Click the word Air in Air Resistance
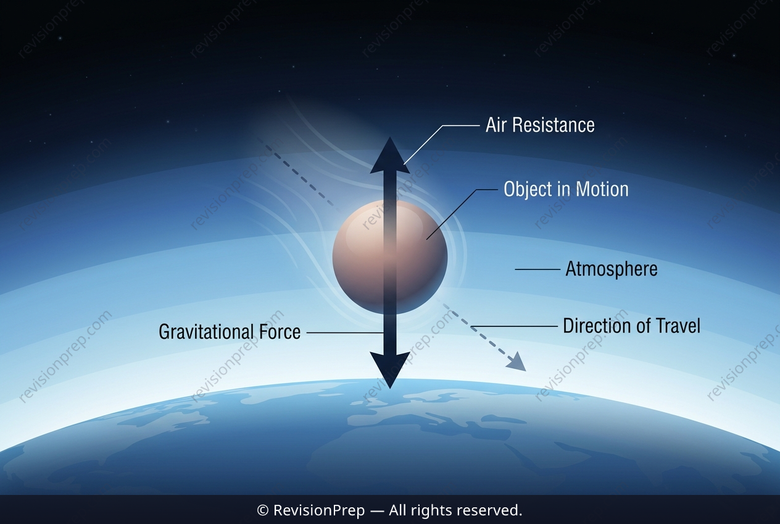pyautogui.click(x=496, y=125)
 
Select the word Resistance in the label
pyautogui.click(x=554, y=125)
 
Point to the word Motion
pyautogui.click(x=602, y=189)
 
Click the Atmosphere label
pyautogui.click(x=612, y=269)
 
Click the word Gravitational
pyautogui.click(x=205, y=332)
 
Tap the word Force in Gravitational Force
pyautogui.click(x=280, y=332)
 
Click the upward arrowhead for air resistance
pyautogui.click(x=390, y=156)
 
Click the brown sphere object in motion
pyautogui.click(x=389, y=257)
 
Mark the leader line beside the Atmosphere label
pyautogui.click(x=537, y=269)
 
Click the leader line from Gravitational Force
pyautogui.click(x=345, y=333)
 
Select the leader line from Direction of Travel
pyautogui.click(x=514, y=326)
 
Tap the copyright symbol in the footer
pyautogui.click(x=262, y=511)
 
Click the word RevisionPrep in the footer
pyautogui.click(x=319, y=510)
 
